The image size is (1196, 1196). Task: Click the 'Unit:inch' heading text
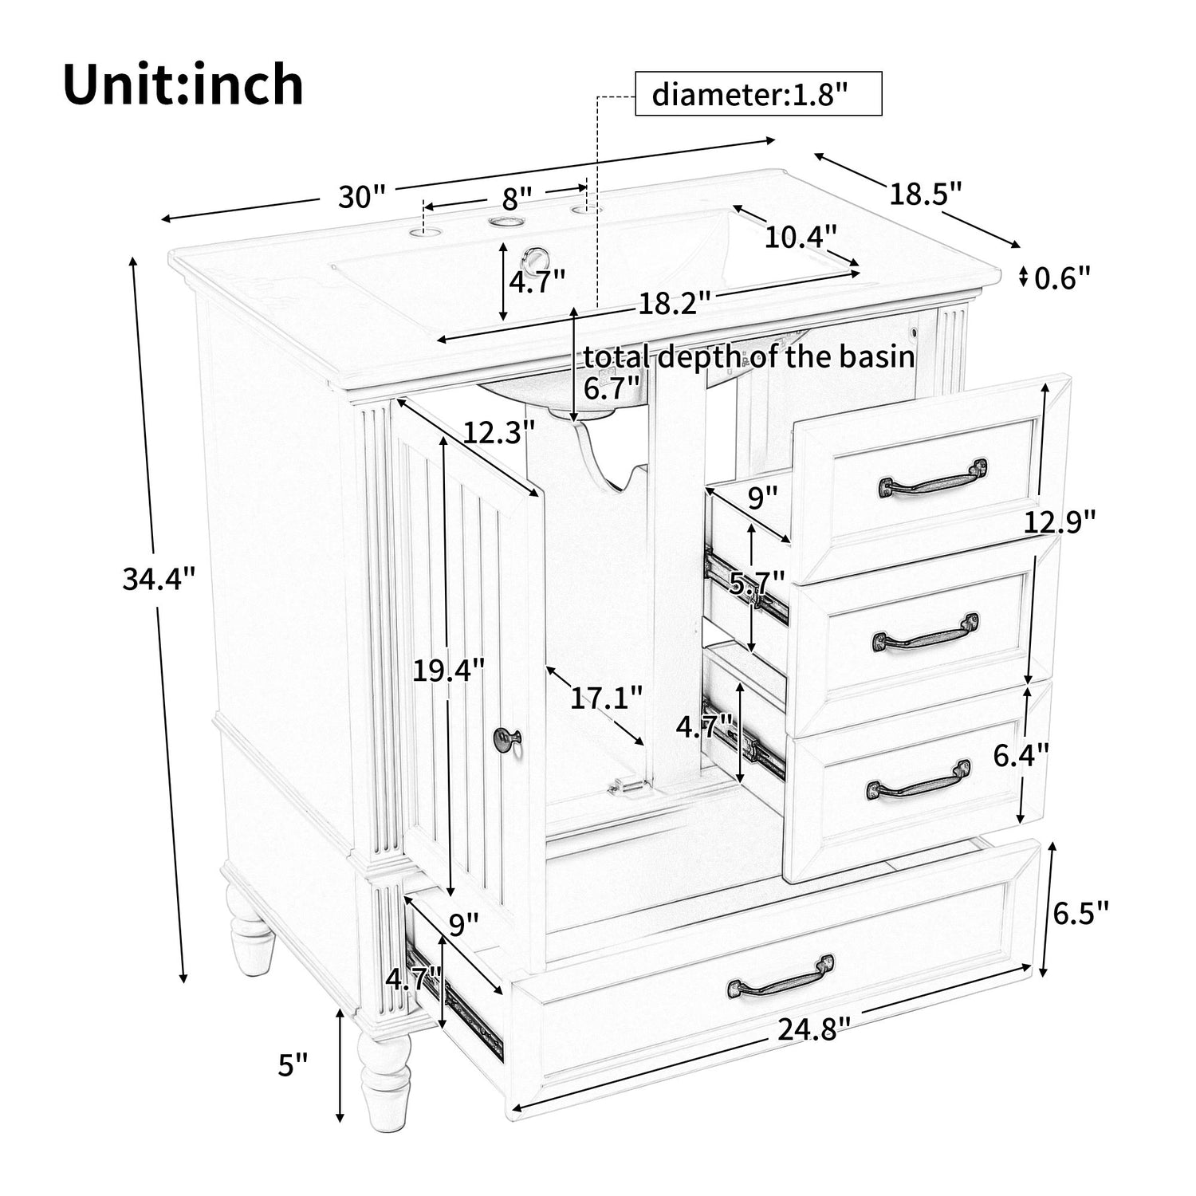point(183,85)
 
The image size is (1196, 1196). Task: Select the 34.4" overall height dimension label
point(159,578)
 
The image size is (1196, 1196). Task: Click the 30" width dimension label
point(361,196)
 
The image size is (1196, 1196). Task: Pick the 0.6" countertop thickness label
point(1061,278)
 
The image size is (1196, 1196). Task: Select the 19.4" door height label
point(448,671)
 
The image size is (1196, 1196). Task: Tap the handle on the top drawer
point(932,478)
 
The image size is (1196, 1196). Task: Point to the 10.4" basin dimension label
point(801,236)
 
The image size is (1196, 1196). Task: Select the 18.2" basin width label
point(673,304)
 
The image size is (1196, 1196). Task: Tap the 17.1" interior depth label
point(606,698)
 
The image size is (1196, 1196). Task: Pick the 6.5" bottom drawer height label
point(1080,913)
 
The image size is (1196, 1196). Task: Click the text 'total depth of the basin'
point(748,356)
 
